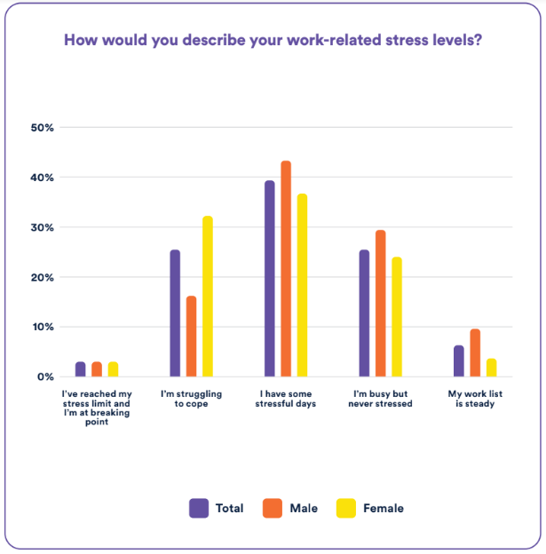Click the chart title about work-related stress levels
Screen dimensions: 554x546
(273, 41)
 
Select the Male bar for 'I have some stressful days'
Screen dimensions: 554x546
(286, 269)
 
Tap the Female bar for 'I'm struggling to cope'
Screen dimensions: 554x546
(208, 297)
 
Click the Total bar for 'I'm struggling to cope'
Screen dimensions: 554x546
(175, 313)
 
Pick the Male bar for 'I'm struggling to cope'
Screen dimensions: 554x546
(191, 336)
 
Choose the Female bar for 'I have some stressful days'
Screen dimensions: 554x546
(302, 285)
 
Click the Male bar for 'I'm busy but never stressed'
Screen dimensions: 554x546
(380, 304)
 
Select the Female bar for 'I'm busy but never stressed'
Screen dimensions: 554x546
(396, 317)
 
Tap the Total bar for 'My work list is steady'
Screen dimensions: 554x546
(458, 361)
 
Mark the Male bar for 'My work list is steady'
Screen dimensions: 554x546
(475, 353)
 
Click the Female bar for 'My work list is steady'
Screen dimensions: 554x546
(491, 368)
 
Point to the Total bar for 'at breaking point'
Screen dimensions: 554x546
(81, 369)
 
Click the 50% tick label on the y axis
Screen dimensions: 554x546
(43, 128)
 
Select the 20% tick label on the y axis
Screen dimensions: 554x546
(43, 277)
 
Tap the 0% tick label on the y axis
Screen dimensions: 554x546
(45, 376)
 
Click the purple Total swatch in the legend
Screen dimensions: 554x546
(199, 508)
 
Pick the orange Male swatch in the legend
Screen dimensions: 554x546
(272, 508)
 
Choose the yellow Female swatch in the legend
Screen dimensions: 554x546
(345, 508)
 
